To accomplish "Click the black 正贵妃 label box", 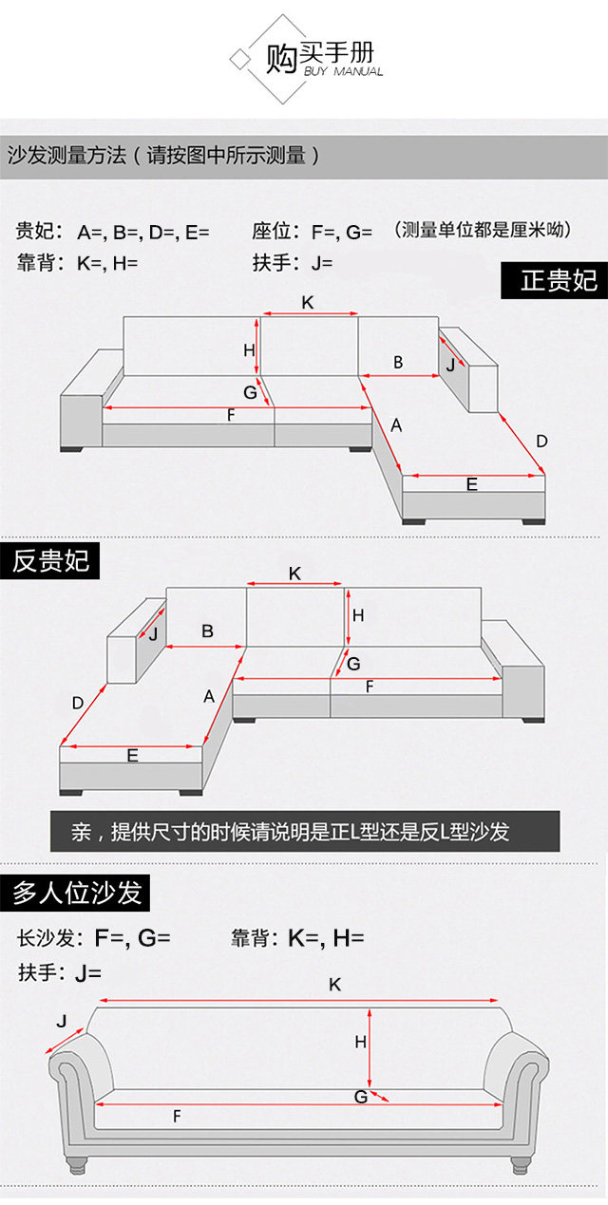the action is click(x=554, y=280).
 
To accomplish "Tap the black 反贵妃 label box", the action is click(x=50, y=560).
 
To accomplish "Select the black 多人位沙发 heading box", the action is click(x=76, y=893).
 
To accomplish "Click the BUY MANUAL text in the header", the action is click(x=343, y=72).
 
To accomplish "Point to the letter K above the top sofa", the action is click(x=308, y=302).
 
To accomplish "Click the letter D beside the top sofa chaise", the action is click(x=541, y=441).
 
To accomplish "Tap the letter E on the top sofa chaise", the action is click(x=472, y=484).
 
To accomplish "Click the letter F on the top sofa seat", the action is click(x=231, y=415).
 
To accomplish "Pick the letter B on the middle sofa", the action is click(x=207, y=631).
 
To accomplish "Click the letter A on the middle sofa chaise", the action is click(x=209, y=696).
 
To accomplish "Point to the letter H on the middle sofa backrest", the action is click(x=358, y=615).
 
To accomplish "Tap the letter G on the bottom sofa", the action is click(x=361, y=1097).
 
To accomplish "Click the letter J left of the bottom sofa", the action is click(x=62, y=1022).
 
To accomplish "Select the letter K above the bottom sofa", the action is click(x=334, y=985).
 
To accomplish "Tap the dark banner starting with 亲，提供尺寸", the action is click(x=305, y=832).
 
